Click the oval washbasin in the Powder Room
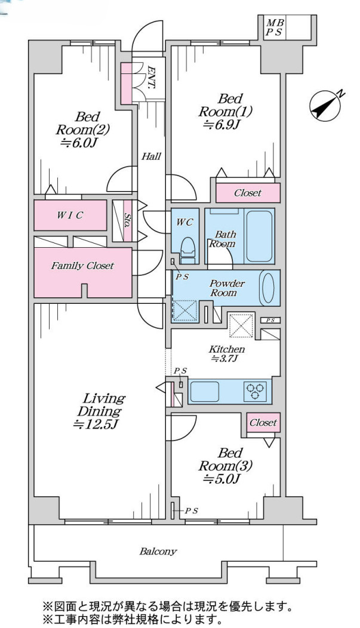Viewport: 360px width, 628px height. click(267, 288)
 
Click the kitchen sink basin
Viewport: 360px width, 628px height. click(204, 391)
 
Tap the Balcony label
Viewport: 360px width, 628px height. click(158, 552)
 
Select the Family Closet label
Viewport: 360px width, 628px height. click(82, 266)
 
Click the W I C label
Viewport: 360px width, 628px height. click(70, 216)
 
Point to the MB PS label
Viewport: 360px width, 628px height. click(275, 27)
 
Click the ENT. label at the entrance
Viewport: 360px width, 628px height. click(152, 77)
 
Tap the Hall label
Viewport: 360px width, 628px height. click(151, 156)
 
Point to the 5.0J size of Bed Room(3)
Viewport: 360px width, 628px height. click(221, 479)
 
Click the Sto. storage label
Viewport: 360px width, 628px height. click(127, 220)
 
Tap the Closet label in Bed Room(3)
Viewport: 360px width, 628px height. click(263, 423)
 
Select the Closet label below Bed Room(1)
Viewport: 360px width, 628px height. click(248, 193)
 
